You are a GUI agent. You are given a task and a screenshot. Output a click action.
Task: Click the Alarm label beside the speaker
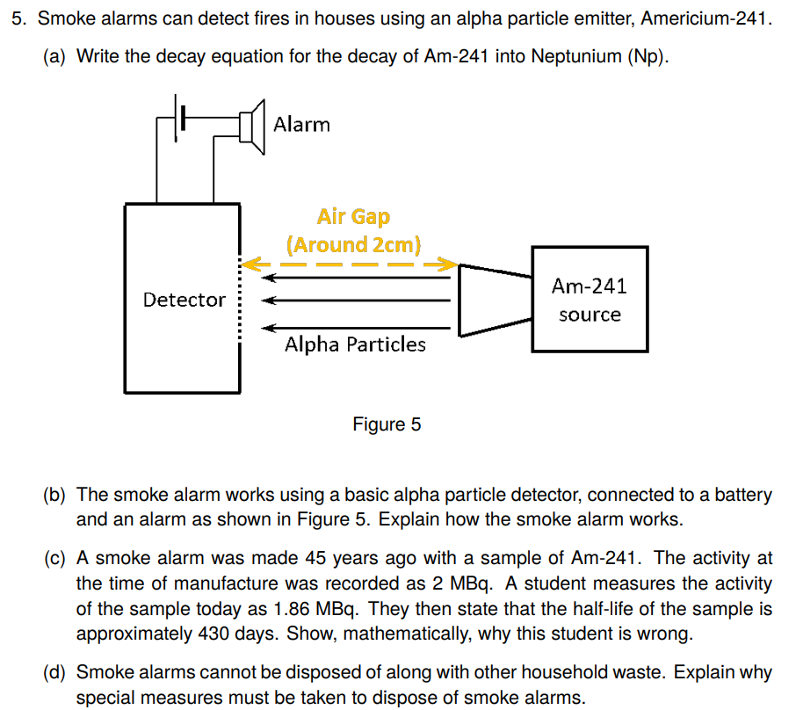[x=301, y=125]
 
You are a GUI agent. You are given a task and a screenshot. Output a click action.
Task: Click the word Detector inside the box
[x=185, y=300]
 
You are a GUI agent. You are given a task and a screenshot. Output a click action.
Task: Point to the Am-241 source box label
[x=590, y=300]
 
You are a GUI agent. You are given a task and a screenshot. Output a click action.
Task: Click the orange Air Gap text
[x=353, y=216]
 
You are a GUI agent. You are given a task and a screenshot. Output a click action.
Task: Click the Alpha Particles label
[x=355, y=344]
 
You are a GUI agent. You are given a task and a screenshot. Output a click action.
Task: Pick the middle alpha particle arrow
[x=356, y=300]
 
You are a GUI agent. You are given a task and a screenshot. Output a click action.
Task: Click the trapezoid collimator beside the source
[x=494, y=300]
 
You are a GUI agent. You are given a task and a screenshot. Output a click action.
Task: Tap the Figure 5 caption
[x=387, y=425]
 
